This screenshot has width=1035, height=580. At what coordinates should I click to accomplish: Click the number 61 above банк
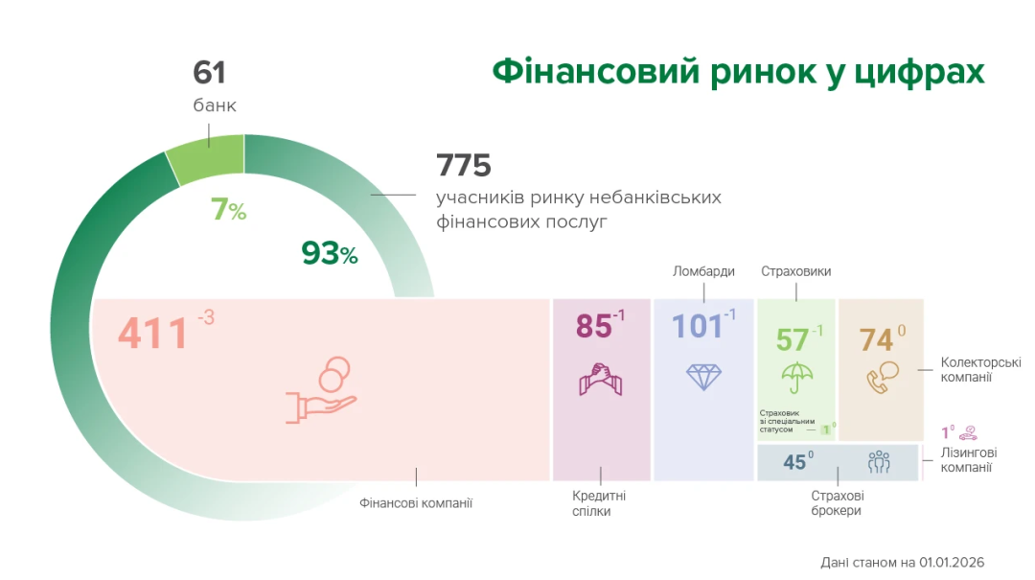(209, 73)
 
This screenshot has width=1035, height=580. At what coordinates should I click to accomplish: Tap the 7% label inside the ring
(228, 209)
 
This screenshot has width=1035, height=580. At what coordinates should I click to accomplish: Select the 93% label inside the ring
(330, 253)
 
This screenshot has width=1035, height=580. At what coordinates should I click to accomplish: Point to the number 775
(464, 165)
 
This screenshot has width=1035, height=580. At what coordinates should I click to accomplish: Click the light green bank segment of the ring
(207, 157)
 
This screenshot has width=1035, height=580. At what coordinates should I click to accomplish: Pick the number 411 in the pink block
(153, 333)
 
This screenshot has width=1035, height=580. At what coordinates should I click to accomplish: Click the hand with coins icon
(321, 390)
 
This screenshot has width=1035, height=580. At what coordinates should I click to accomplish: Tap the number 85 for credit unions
(593, 326)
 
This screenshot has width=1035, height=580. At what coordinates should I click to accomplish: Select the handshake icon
(601, 380)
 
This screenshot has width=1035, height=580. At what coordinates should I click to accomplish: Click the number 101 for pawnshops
(697, 326)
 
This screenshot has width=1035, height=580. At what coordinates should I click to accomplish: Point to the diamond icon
(703, 377)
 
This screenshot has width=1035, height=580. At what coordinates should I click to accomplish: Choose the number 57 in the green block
(793, 340)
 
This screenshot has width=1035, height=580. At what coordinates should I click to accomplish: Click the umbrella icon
(796, 378)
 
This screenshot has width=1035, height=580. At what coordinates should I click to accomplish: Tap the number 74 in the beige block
(877, 340)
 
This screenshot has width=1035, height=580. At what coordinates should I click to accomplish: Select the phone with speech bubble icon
(883, 377)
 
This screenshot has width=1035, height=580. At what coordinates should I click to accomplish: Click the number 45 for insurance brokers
(794, 462)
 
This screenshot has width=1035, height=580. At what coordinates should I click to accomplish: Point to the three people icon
(879, 462)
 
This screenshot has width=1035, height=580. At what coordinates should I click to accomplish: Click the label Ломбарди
(703, 271)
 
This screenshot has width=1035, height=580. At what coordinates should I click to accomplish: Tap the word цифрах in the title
(919, 71)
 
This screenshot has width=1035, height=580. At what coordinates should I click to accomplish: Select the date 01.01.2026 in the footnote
(952, 562)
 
